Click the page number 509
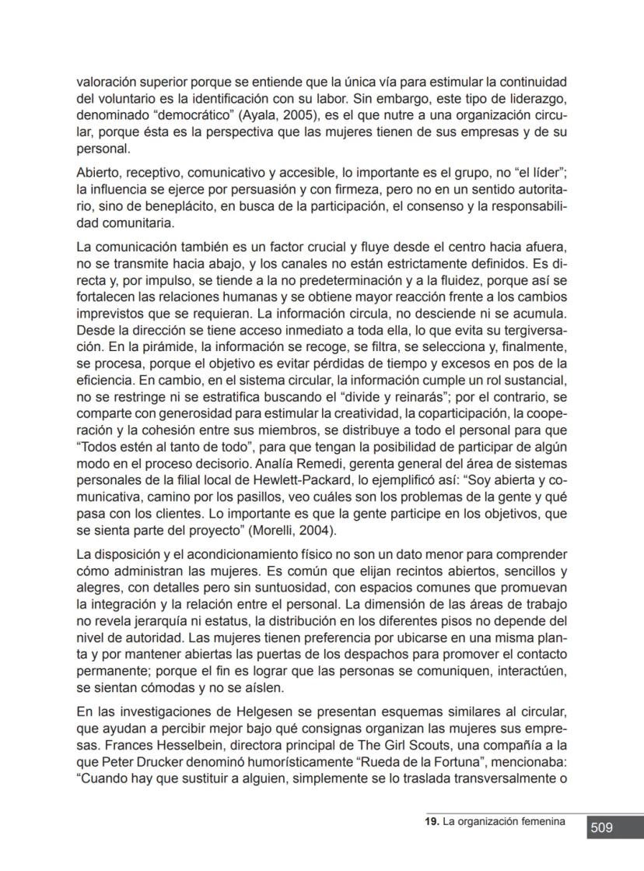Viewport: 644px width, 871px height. tap(601, 828)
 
